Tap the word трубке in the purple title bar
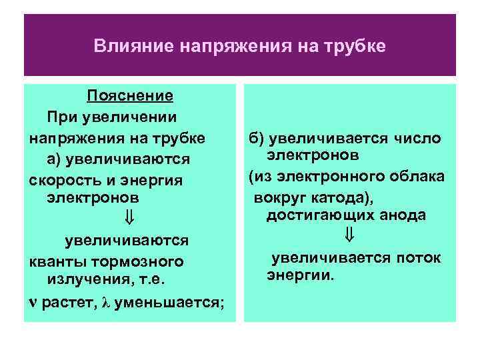pos(356,47)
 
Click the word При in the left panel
pos(60,117)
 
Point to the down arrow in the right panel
pos(350,235)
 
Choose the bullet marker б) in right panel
pos(257,138)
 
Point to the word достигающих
pos(315,215)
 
